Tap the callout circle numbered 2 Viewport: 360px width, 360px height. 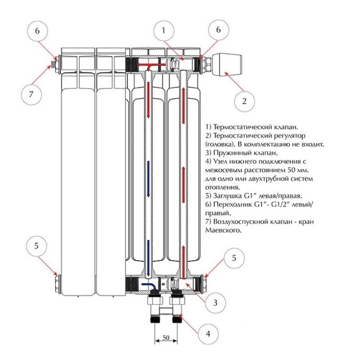244,101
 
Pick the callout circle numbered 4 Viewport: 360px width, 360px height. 207,334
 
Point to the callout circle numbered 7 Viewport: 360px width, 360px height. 31,94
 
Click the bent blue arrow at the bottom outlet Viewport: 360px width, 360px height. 148,286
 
